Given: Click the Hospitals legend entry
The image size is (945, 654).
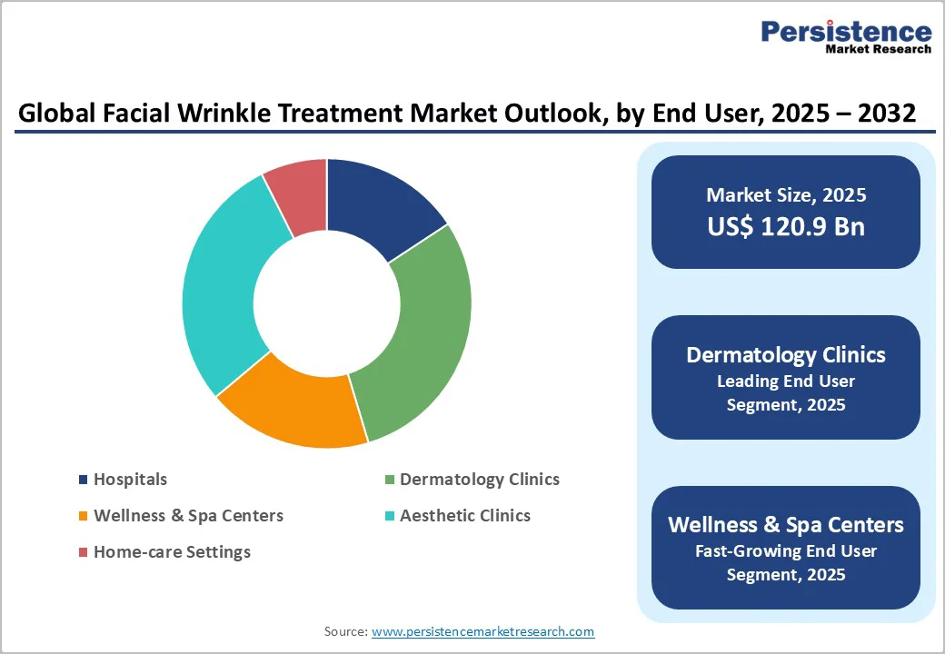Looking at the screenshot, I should click(130, 480).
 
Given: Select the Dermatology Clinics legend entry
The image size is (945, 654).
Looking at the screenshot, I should click(479, 480).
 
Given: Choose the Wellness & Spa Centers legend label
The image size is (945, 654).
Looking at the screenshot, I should click(188, 516).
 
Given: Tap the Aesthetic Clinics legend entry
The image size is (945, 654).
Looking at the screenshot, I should click(464, 516).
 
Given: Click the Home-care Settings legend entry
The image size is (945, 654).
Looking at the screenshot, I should click(172, 552).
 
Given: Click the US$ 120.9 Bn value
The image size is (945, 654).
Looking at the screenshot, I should click(786, 227).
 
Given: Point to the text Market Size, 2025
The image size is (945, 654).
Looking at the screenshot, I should click(786, 195).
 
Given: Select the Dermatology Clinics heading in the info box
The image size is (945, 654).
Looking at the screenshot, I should click(786, 355).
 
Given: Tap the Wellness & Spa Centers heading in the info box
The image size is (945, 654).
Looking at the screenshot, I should click(786, 525).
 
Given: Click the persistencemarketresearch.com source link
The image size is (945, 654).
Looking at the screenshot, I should click(482, 631).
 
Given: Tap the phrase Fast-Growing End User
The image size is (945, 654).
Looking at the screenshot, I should click(786, 550).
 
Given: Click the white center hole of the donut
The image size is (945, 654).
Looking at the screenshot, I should click(327, 303).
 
